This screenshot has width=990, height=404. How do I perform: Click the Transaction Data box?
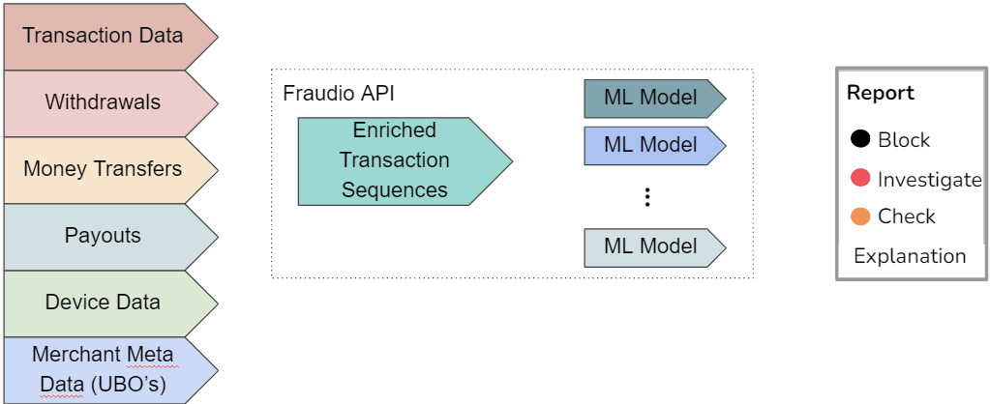tap(103, 36)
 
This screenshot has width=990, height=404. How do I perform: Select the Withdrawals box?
tap(103, 101)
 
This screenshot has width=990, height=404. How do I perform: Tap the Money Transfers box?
tap(103, 169)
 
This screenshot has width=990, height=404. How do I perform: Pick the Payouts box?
tap(103, 236)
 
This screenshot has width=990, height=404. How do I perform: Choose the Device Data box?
tap(103, 303)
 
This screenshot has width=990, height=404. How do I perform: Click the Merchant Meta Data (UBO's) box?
tap(103, 369)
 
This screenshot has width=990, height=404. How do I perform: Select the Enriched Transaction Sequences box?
tap(395, 160)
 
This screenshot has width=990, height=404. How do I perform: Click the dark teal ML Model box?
tap(650, 98)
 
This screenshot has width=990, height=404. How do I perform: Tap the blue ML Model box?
tap(650, 145)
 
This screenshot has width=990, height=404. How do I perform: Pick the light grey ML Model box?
tap(650, 246)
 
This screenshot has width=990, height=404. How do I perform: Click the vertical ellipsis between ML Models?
tap(648, 197)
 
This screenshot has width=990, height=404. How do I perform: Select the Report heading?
tap(880, 94)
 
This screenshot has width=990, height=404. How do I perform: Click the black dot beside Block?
tap(859, 139)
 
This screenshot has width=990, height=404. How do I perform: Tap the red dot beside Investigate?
tap(859, 179)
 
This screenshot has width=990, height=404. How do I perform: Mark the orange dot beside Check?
tap(859, 216)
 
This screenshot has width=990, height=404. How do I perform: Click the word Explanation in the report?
tap(909, 256)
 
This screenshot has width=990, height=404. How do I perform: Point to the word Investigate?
tap(929, 179)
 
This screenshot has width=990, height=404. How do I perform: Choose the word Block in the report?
tap(903, 139)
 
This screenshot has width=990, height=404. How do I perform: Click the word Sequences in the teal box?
tap(395, 189)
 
